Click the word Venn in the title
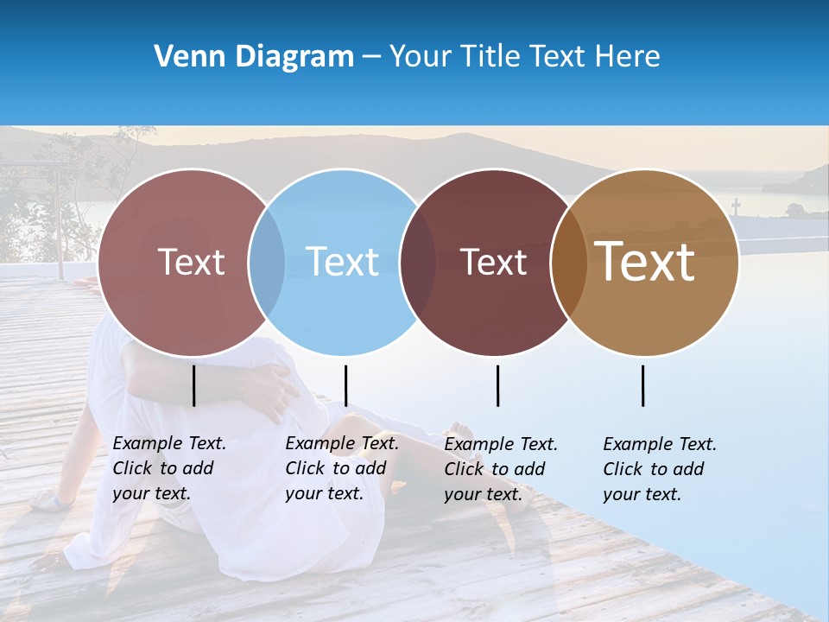(x=187, y=57)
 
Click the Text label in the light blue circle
(x=343, y=262)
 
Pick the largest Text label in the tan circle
(x=645, y=262)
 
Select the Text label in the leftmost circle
(x=191, y=262)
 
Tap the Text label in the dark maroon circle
(x=493, y=262)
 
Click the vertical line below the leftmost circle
(x=194, y=385)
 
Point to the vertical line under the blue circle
(x=345, y=385)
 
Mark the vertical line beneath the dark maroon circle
(x=498, y=385)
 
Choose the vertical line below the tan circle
(x=643, y=385)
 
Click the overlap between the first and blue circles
(x=267, y=263)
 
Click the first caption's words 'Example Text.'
(x=169, y=443)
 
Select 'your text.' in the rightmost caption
(x=642, y=494)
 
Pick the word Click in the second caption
(x=305, y=468)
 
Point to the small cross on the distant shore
(x=736, y=206)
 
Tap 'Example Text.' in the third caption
(x=501, y=444)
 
